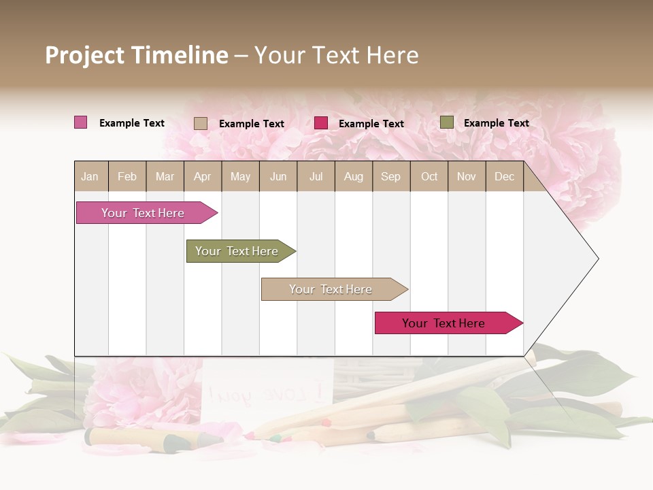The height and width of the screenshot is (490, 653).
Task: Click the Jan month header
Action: point(90,176)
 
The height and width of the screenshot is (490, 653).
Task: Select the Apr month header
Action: point(203,176)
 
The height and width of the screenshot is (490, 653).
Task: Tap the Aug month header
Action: point(354,176)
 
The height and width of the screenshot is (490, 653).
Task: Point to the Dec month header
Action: point(505,176)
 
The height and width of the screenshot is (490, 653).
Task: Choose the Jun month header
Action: point(278,176)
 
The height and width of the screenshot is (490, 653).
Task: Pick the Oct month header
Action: point(429,176)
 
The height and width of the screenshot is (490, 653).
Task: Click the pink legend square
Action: point(81,122)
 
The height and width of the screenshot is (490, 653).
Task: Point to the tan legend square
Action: point(201,123)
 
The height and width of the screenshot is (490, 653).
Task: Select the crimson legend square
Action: point(321,123)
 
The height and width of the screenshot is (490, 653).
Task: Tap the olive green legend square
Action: point(447,122)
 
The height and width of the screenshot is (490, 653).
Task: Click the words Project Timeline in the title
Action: point(137,55)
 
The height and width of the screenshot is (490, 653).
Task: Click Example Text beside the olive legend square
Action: point(497,123)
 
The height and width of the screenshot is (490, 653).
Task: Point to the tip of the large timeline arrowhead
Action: point(597,258)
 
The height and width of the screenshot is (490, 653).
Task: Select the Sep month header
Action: point(391,176)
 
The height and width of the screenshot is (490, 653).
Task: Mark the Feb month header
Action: point(127,176)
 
